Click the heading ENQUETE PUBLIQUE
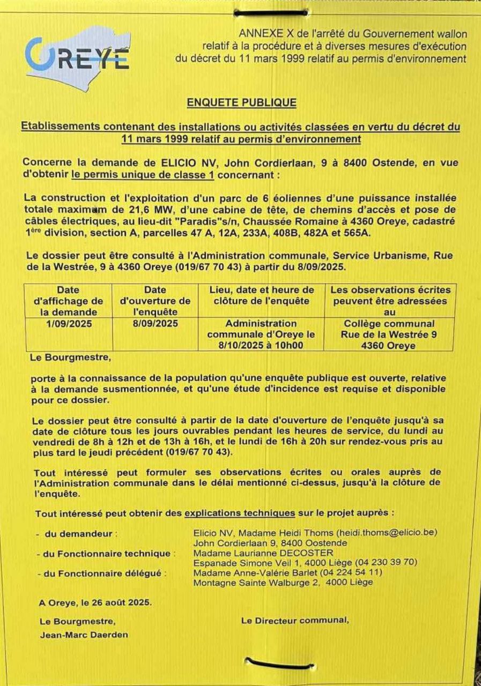(x=241, y=102)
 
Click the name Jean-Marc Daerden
(x=84, y=635)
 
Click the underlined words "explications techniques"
(x=240, y=513)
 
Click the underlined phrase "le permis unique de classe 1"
(x=135, y=175)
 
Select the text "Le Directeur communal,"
(x=295, y=620)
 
